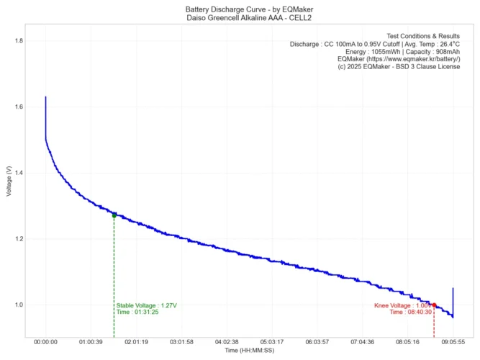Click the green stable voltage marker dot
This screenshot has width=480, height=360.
114,215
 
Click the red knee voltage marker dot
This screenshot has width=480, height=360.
434,305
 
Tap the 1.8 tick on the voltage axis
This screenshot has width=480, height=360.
18,41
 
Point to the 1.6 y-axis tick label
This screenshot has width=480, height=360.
18,107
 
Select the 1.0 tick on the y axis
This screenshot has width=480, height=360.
18,305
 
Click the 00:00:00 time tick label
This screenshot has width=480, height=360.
46,342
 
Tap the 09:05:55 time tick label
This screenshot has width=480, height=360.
453,342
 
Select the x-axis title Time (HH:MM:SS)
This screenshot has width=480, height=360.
250,351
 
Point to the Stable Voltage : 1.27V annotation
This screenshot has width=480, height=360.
146,305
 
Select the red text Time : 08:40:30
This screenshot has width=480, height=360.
411,312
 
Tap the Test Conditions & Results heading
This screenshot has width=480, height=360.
423,35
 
